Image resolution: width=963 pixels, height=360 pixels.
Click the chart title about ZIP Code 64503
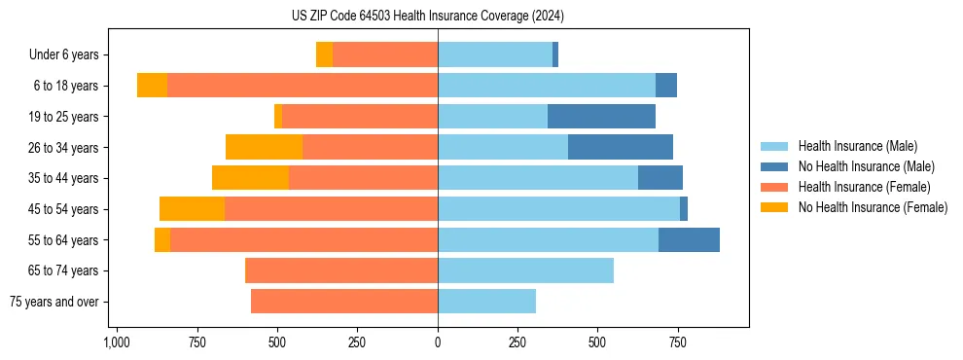(x=428, y=16)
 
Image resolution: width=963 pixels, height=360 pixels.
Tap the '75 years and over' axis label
(x=53, y=302)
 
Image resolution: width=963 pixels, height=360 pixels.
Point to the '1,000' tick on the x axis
(x=117, y=342)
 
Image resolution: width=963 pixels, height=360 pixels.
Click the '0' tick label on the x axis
(x=438, y=342)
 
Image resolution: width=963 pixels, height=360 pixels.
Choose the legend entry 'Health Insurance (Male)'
(x=857, y=146)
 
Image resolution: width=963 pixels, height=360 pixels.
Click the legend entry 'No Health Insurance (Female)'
(x=873, y=207)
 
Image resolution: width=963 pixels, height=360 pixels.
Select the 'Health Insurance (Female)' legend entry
(x=865, y=187)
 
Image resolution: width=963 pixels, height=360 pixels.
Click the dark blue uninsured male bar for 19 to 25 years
(x=601, y=117)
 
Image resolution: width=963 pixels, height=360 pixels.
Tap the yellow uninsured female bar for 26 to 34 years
(x=264, y=147)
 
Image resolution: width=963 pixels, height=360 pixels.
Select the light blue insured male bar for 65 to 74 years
(x=525, y=270)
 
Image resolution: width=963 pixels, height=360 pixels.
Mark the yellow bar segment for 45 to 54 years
(x=192, y=209)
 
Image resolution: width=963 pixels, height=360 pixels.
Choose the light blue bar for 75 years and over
(x=486, y=302)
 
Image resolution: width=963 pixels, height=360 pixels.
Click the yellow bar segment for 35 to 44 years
(x=250, y=178)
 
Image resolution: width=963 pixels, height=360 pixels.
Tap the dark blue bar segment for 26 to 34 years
(x=621, y=147)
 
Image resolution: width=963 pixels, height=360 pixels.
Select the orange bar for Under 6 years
(x=385, y=55)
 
